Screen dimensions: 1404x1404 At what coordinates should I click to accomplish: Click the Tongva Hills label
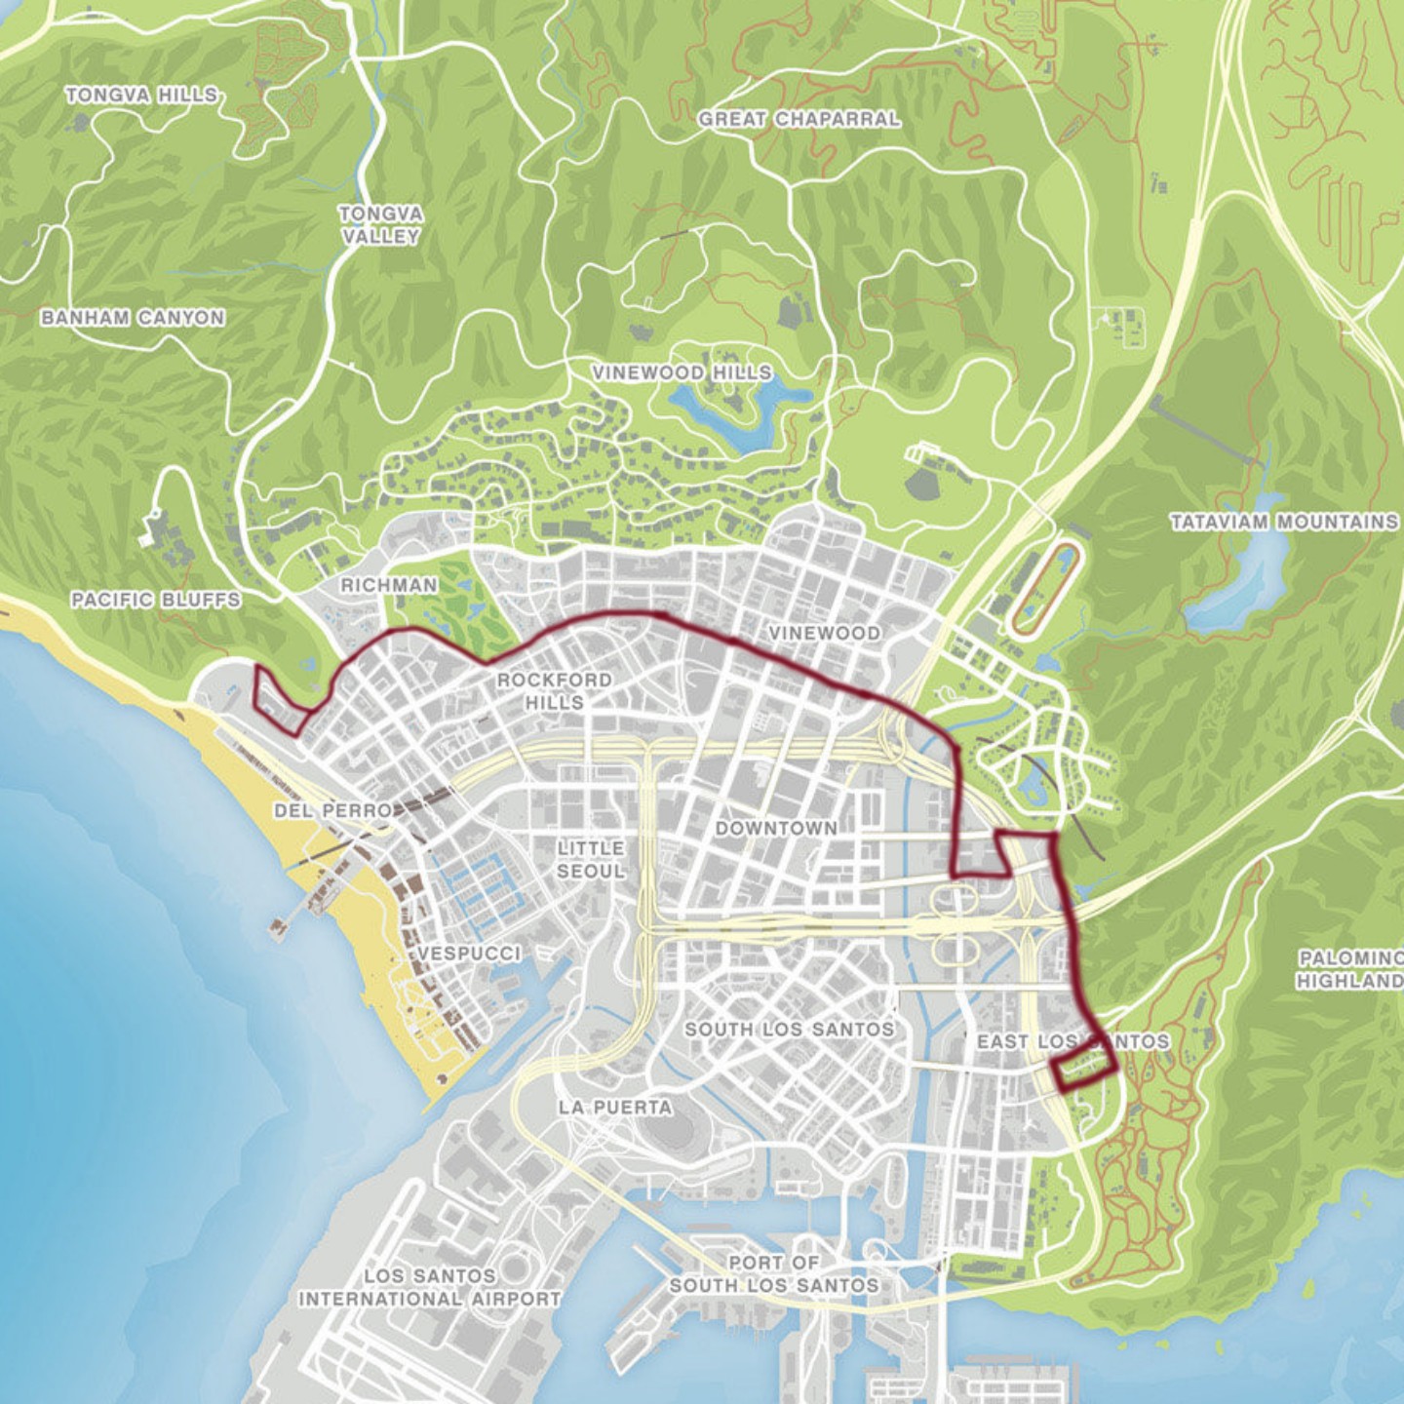click(141, 95)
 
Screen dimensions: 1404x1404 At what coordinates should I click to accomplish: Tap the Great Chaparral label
click(799, 119)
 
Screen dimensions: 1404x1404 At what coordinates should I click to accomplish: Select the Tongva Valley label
click(380, 224)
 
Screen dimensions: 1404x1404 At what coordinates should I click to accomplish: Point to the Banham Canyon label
click(133, 318)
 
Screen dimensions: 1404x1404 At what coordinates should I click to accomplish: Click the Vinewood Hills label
click(682, 372)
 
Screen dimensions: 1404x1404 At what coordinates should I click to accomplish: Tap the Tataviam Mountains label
click(1283, 522)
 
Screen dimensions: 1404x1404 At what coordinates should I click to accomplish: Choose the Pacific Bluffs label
click(155, 600)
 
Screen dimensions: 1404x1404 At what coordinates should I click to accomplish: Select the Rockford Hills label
click(554, 690)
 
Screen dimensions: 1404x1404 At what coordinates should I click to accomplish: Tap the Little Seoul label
click(590, 859)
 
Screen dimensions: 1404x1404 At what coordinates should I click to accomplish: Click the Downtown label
click(776, 828)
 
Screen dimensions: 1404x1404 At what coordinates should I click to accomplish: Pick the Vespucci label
click(469, 953)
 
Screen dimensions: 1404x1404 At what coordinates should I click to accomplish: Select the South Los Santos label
click(789, 1029)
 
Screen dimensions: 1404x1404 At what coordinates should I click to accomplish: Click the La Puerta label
click(614, 1107)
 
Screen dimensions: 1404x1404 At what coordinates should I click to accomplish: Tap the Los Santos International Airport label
click(429, 1287)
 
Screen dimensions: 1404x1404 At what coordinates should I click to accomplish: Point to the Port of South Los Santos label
click(773, 1274)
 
